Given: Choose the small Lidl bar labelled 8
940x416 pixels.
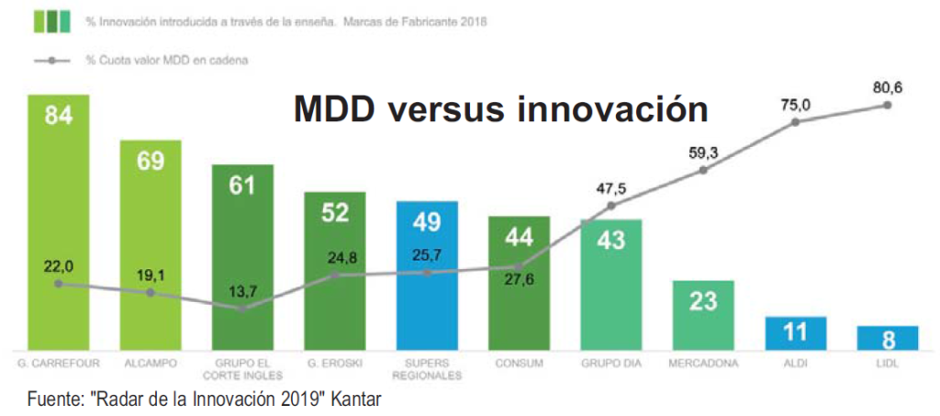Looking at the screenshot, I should pyautogui.click(x=888, y=338).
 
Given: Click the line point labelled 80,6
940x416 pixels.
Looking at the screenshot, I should pyautogui.click(x=888, y=105).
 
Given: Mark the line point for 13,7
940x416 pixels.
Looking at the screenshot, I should pyautogui.click(x=242, y=309).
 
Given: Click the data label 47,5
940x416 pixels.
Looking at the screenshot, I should pyautogui.click(x=610, y=189).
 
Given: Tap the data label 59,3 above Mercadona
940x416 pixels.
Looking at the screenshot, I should pyautogui.click(x=703, y=152).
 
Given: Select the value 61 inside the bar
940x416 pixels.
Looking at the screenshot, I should pyautogui.click(x=242, y=186).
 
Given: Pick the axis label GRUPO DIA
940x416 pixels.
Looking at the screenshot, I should pyautogui.click(x=610, y=364).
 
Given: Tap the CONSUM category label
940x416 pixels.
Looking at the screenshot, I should pyautogui.click(x=519, y=364).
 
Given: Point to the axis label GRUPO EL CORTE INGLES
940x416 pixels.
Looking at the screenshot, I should pyautogui.click(x=242, y=369).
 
